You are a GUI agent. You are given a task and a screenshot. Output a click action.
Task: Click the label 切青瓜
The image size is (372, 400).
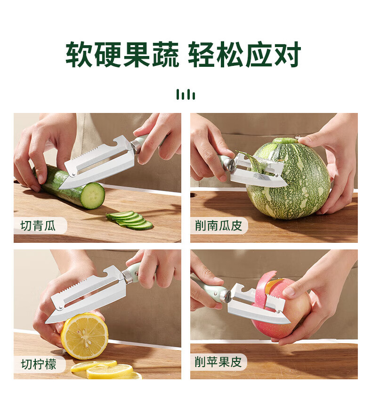coord(38,226)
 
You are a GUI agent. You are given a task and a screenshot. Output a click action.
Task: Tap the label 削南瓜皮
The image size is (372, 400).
coord(218,226)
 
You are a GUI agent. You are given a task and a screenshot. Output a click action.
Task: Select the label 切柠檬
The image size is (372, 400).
coord(39,364)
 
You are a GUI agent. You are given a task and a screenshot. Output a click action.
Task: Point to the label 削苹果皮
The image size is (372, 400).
coord(218,362)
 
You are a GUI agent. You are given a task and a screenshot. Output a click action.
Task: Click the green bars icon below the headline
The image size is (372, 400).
coord(186,95)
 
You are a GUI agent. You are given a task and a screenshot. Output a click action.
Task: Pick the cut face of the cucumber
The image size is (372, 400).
coord(92,195)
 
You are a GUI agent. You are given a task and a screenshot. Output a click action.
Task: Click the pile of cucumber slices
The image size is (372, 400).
coord(129,220)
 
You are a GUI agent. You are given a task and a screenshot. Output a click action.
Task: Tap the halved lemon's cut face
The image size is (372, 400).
coord(84,336)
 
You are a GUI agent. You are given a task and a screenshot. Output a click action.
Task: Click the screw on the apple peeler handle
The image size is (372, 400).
coord(227,296)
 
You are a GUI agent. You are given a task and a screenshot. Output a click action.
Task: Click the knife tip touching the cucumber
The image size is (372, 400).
coord(60,188)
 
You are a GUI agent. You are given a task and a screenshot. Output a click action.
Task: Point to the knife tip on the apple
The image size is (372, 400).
coord(289,322)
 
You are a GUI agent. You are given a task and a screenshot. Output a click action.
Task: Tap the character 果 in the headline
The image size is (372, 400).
coord(137,54)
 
